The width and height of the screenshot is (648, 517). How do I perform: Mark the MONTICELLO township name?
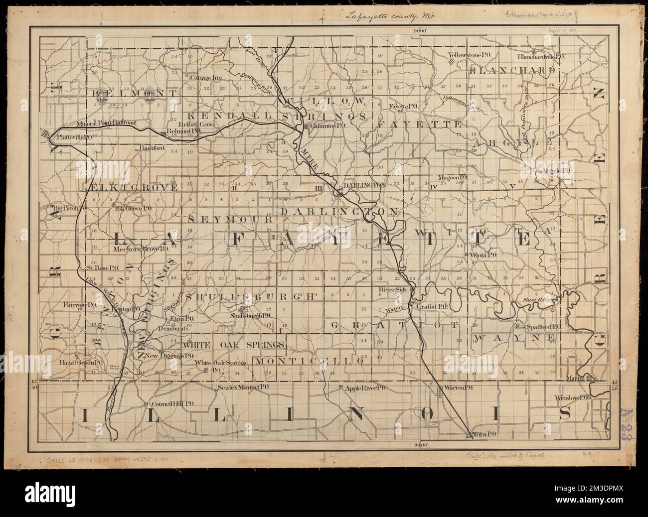tap(308, 360)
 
